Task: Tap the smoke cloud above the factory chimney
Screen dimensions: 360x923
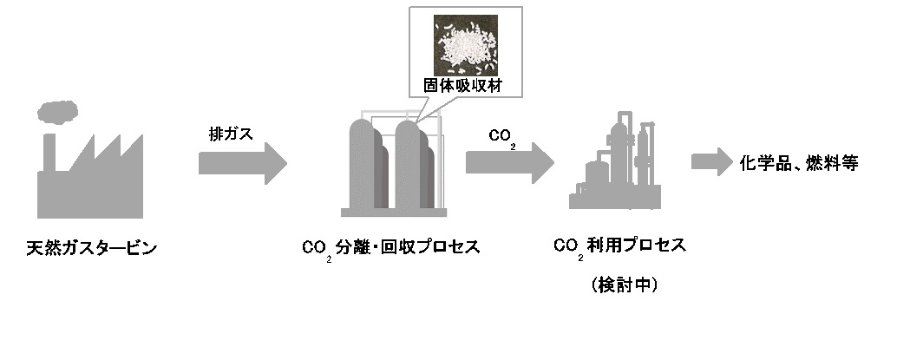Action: [x=57, y=110]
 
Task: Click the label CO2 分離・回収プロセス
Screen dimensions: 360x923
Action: [x=390, y=248]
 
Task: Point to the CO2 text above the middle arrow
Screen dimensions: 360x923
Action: [x=502, y=137]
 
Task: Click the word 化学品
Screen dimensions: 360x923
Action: [x=763, y=162]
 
